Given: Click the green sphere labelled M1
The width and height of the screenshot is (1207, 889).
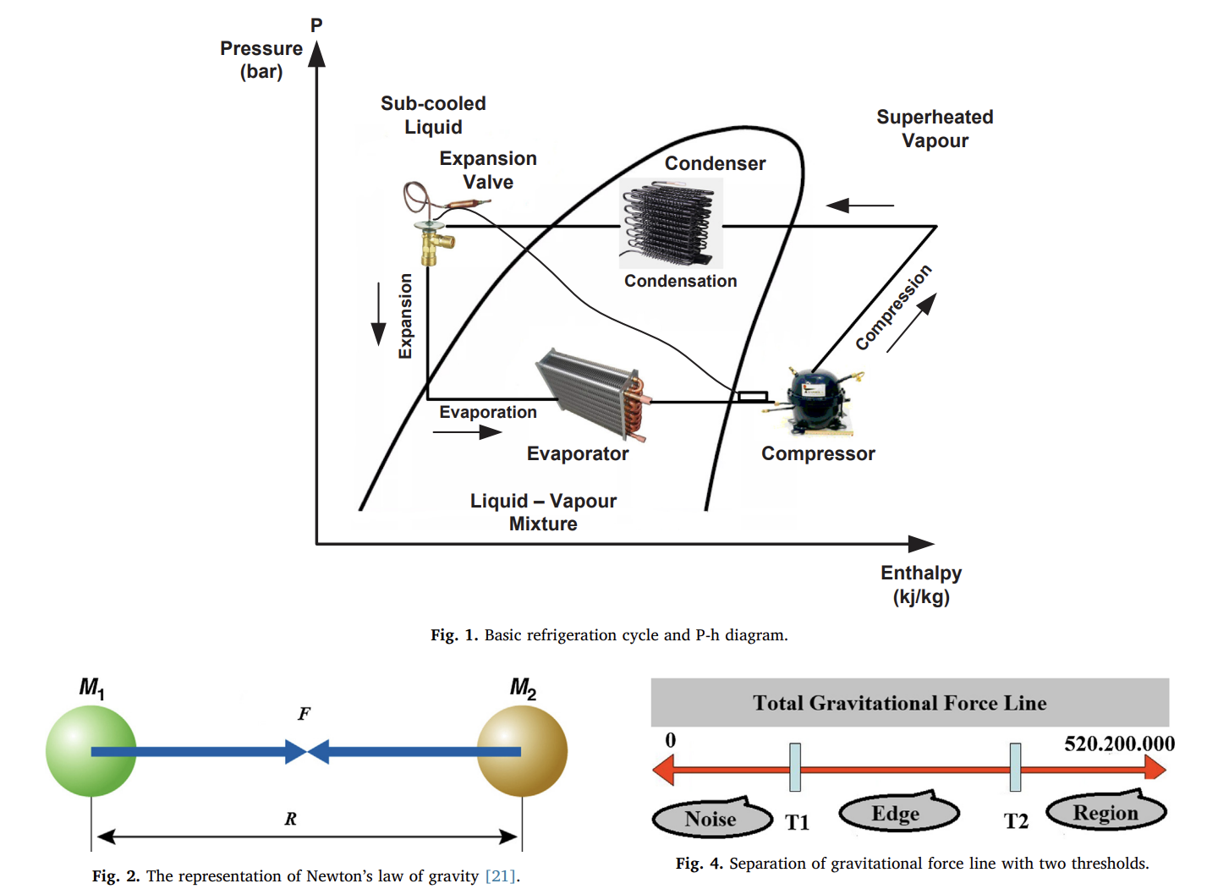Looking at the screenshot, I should pyautogui.click(x=91, y=751).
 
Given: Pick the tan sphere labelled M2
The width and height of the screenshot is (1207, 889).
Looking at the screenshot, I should pyautogui.click(x=522, y=751).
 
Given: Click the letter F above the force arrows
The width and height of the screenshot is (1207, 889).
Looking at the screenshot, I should pyautogui.click(x=304, y=714).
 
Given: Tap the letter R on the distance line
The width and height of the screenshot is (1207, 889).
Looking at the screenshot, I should pyautogui.click(x=290, y=819).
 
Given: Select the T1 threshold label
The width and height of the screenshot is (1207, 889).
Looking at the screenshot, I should pyautogui.click(x=797, y=822).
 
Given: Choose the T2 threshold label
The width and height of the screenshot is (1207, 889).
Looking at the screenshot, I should pyautogui.click(x=1016, y=821).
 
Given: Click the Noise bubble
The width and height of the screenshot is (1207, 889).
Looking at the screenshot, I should pyautogui.click(x=711, y=819).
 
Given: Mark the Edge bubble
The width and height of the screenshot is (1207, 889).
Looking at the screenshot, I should pyautogui.click(x=897, y=814).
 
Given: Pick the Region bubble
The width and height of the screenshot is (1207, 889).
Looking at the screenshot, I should pyautogui.click(x=1106, y=813).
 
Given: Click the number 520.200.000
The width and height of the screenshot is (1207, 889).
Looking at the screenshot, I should pyautogui.click(x=1118, y=744).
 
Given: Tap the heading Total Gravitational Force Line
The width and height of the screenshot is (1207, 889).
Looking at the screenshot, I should pyautogui.click(x=899, y=703).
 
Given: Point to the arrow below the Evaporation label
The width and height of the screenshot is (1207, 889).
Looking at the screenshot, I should pyautogui.click(x=467, y=432).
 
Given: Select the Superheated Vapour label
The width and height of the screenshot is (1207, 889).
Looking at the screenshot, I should pyautogui.click(x=935, y=129).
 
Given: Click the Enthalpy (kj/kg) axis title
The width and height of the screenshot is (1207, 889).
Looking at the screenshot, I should pyautogui.click(x=921, y=584).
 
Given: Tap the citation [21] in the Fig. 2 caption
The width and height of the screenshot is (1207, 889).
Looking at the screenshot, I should pyautogui.click(x=500, y=876).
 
